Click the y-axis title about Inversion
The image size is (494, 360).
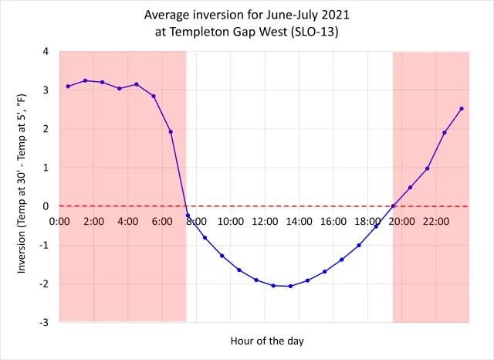[22, 186]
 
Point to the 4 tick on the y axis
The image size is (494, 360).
[46, 52]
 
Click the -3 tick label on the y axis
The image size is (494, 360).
[43, 322]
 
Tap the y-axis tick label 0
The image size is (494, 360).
[46, 206]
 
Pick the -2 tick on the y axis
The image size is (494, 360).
[43, 284]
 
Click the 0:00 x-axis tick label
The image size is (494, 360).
[59, 222]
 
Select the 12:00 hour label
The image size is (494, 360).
[265, 222]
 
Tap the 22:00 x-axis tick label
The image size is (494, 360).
[435, 222]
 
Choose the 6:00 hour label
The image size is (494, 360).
[162, 222]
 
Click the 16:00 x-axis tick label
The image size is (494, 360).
[333, 222]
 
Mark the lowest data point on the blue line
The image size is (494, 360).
[290, 286]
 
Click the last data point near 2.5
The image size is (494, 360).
[462, 109]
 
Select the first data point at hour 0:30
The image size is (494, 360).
[68, 87]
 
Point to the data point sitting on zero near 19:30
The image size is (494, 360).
[393, 206]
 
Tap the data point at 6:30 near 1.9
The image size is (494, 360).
[171, 132]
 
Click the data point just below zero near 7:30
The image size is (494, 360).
[188, 216]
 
